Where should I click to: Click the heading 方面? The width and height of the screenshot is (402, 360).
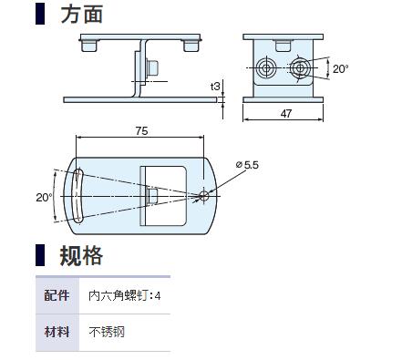point(82,14)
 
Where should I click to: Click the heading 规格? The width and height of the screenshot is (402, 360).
point(81,256)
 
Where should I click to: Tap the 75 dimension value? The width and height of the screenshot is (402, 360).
point(141,131)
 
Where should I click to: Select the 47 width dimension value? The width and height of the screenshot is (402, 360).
point(286,114)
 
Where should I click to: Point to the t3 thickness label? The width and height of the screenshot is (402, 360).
point(215,87)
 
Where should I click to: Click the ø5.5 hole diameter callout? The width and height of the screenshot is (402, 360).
point(247,165)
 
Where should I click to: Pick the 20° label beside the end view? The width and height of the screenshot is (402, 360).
point(340,68)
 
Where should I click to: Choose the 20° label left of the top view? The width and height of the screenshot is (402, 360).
point(45,198)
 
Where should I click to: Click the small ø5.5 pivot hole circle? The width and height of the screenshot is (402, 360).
point(204,196)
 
